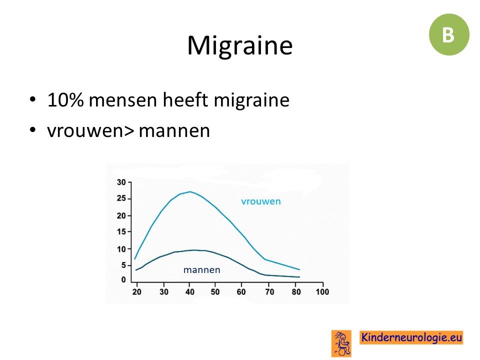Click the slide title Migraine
239,46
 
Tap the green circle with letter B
449,34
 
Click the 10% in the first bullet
65,100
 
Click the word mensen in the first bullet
123,100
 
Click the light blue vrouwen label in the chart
261,201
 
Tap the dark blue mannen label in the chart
201,269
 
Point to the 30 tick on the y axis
121,182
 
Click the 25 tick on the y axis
121,198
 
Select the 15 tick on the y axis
121,231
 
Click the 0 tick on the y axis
123,280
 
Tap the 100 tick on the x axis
322,292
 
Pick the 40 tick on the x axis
190,292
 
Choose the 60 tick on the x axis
241,292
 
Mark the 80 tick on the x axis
296,292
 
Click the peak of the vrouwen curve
190,191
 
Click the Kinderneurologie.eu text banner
411,337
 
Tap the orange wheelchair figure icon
341,343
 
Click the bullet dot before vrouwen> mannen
33,129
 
